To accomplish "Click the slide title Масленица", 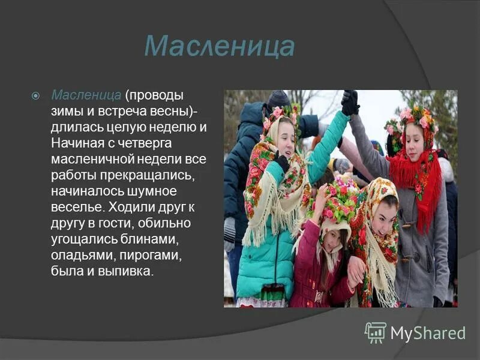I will pyautogui.click(x=220, y=47).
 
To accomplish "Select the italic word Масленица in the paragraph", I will pyautogui.click(x=87, y=96).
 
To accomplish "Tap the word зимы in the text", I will pyautogui.click(x=68, y=112).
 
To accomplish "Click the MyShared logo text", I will pyautogui.click(x=427, y=333).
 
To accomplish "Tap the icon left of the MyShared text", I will pyautogui.click(x=376, y=332).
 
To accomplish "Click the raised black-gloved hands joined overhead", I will pyautogui.click(x=350, y=102).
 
